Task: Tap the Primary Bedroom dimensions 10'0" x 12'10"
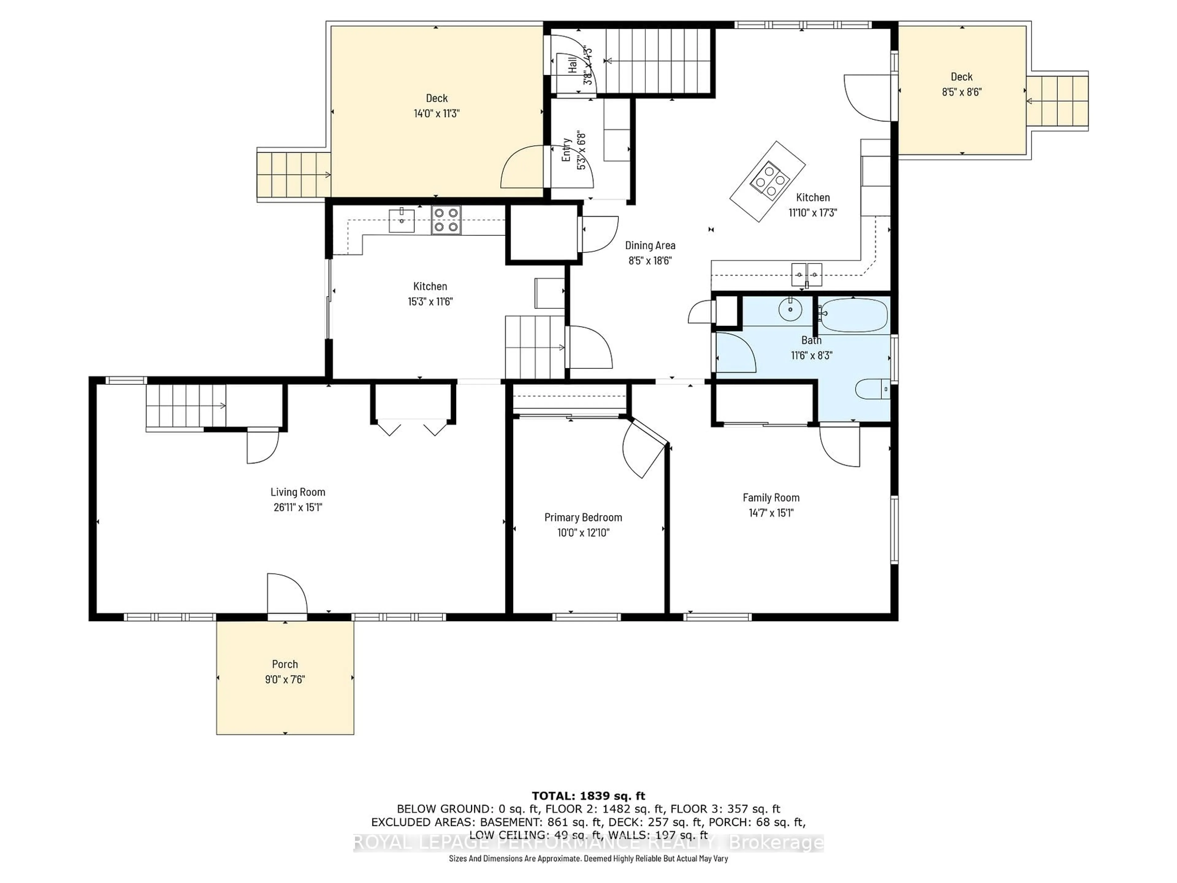coord(583,532)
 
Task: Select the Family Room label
coord(771,498)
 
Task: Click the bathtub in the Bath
coord(854,315)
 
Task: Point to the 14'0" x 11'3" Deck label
coord(436,98)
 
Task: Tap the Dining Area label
coord(650,245)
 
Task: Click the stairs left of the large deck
coord(293,174)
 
